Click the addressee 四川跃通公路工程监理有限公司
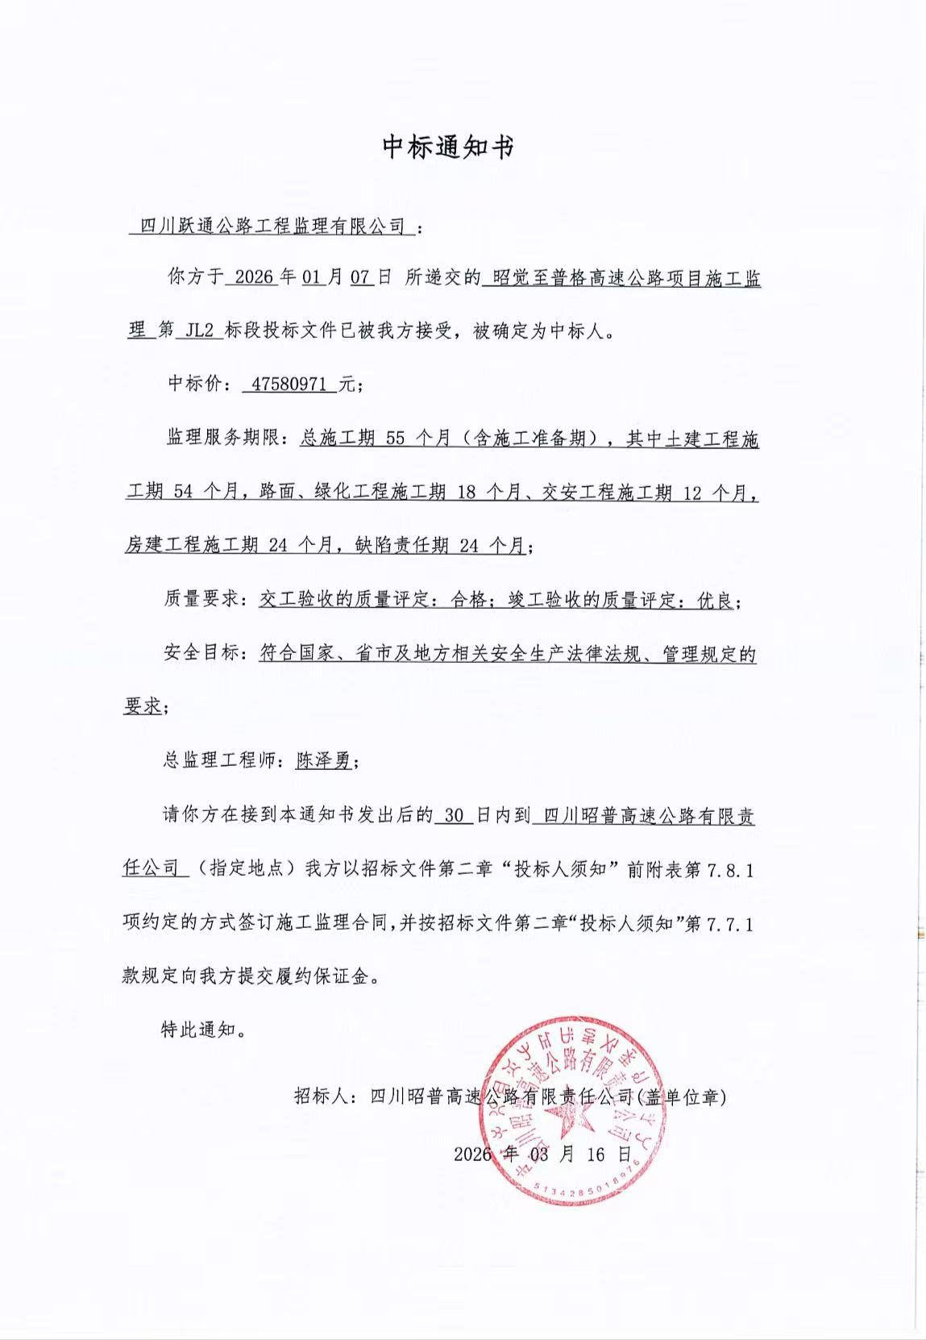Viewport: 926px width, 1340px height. pyautogui.click(x=272, y=227)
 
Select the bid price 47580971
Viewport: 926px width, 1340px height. pyautogui.click(x=289, y=385)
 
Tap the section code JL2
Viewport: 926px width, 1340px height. pyautogui.click(x=199, y=331)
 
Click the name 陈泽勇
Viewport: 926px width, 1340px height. pyautogui.click(x=323, y=759)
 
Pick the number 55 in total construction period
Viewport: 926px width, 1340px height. pyautogui.click(x=395, y=439)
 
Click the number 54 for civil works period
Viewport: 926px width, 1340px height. pyautogui.click(x=183, y=492)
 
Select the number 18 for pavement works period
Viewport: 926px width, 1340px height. pyautogui.click(x=466, y=492)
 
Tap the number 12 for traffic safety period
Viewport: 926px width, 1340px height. pyautogui.click(x=692, y=493)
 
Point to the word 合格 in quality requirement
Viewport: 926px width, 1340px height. pyautogui.click(x=469, y=599)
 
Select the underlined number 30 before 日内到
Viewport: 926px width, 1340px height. pyautogui.click(x=454, y=815)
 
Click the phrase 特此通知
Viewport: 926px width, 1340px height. pyautogui.click(x=198, y=1030)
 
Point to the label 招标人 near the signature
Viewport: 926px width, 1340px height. pyautogui.click(x=321, y=1097)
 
